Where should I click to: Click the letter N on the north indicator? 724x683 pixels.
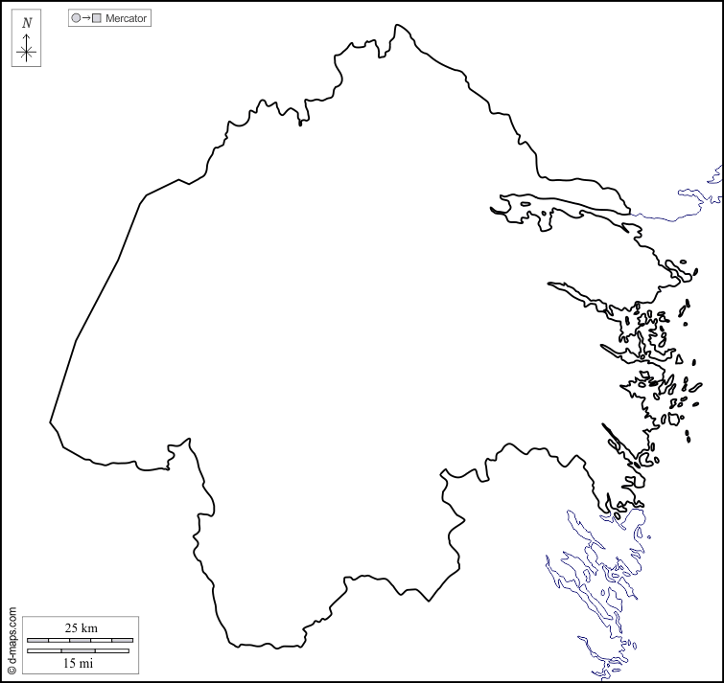pos(27,22)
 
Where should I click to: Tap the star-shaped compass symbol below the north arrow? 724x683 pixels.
pos(27,53)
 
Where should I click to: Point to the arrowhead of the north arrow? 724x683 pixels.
pos(27,34)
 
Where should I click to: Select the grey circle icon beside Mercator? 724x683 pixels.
pos(76,18)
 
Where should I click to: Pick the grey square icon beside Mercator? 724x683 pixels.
pos(97,18)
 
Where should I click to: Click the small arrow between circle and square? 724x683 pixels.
pos(86,18)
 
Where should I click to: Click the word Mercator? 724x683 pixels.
pos(127,18)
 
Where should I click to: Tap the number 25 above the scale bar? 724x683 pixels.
pos(72,627)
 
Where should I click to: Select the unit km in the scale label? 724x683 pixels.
pos(89,627)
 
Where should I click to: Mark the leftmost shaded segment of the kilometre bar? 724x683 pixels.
pos(37,639)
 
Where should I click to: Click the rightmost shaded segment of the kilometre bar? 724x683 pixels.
pos(123,639)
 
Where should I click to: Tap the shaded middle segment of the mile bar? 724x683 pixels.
pos(80,651)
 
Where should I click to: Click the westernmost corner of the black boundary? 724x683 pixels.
pos(50,421)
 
